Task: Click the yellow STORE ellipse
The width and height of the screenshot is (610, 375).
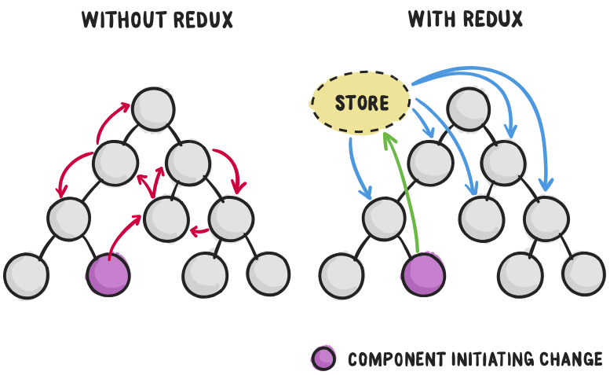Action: (x=360, y=102)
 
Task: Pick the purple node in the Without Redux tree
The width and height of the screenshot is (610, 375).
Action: (x=108, y=274)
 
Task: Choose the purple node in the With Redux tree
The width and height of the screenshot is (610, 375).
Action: (x=424, y=274)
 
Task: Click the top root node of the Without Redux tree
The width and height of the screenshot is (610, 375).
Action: (x=153, y=108)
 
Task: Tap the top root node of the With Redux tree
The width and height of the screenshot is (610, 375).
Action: (x=469, y=108)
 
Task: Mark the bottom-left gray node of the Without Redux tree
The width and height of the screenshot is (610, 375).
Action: (x=26, y=274)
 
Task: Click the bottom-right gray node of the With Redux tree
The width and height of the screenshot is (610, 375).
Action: (x=583, y=274)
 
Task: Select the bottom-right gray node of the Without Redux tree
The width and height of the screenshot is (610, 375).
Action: (x=268, y=274)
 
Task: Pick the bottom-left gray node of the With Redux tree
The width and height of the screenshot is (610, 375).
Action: (x=342, y=274)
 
